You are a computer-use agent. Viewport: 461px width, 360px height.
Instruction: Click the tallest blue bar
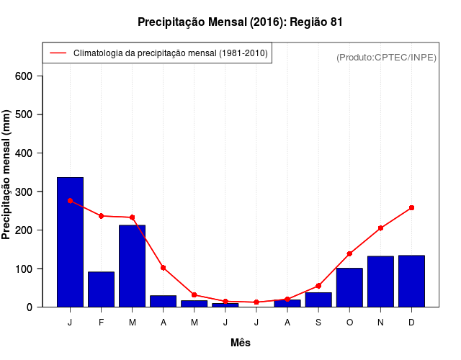coord(70,242)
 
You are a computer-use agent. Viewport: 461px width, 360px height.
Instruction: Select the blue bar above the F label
coord(101,289)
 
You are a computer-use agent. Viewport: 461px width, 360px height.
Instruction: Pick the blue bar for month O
coord(349,287)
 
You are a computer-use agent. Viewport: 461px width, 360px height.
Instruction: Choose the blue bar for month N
coord(380,282)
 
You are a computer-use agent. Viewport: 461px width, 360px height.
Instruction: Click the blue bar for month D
coord(411,281)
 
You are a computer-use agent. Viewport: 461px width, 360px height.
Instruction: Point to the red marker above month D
coord(411,207)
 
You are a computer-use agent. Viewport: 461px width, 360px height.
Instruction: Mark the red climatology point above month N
coord(380,228)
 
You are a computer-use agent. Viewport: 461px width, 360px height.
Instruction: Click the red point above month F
coord(101,216)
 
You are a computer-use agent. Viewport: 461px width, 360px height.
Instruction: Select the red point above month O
coord(349,253)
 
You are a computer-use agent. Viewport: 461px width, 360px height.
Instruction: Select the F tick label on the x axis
coord(101,323)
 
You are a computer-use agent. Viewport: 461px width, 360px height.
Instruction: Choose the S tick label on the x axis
coord(318,323)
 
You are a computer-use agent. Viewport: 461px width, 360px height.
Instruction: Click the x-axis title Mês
coord(241,343)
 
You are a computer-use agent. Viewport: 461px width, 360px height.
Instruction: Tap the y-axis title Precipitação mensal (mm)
coord(7,175)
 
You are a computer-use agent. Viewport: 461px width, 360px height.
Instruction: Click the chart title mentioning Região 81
coord(240,22)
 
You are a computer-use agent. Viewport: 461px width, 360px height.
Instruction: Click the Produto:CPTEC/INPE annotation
coord(386,57)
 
